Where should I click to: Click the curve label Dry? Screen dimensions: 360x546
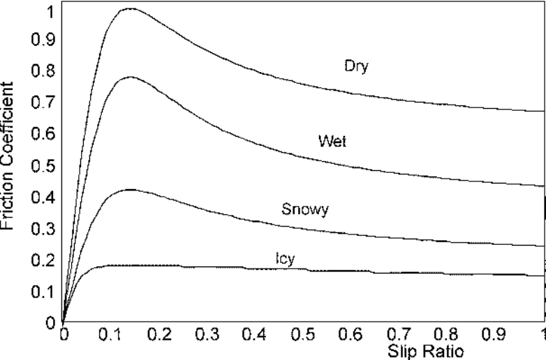click(356, 67)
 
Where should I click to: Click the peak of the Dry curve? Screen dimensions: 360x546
click(129, 9)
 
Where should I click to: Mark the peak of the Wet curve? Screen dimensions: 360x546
click(130, 77)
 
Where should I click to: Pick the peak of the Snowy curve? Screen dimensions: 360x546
click(129, 189)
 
